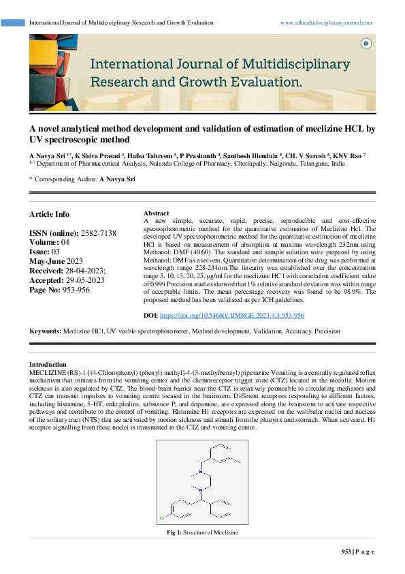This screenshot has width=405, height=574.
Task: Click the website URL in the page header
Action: [x=326, y=22]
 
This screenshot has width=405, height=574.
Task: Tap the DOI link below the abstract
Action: [x=231, y=316]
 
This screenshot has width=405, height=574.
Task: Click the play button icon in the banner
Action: [x=366, y=43]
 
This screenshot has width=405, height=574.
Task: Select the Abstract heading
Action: [x=157, y=213]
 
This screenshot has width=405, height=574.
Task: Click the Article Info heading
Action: [x=49, y=214]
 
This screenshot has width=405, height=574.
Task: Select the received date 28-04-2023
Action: [x=86, y=271]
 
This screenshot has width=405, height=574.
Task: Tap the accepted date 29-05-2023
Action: [x=86, y=280]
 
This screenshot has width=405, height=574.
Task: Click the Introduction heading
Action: [x=48, y=365]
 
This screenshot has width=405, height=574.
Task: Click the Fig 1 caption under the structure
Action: [x=202, y=532]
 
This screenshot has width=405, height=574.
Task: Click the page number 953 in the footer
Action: [x=346, y=552]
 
